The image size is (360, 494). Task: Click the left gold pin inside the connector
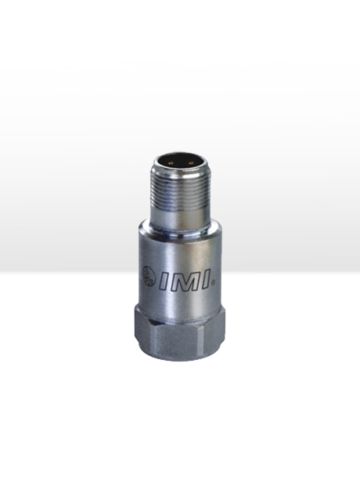[171, 163]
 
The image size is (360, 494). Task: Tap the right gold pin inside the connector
[190, 163]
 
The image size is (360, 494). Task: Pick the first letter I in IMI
[164, 280]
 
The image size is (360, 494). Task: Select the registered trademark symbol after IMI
[214, 284]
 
